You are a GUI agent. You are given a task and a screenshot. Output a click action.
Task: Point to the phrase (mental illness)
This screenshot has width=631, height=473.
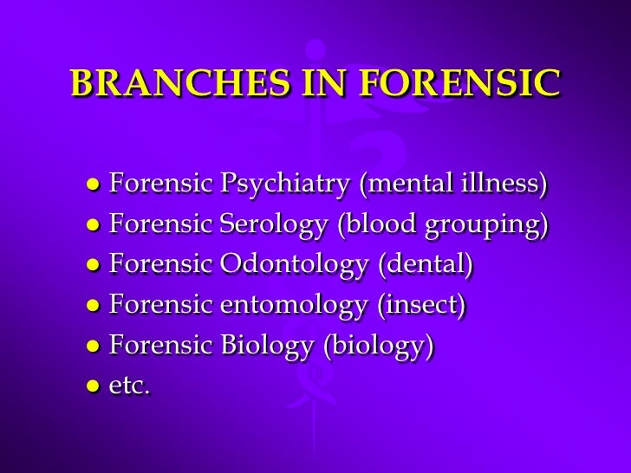point(454,185)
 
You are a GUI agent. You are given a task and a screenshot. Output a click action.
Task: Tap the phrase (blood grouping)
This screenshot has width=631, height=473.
point(443,224)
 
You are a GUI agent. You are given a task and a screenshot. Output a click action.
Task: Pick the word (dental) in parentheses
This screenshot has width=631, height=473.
point(425,264)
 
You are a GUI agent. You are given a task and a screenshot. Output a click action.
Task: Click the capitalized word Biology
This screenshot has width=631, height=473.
point(265,345)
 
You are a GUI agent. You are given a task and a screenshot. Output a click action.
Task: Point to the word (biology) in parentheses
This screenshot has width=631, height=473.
point(378,345)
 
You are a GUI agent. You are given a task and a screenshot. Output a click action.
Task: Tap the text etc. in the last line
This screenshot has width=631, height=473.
point(130,386)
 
